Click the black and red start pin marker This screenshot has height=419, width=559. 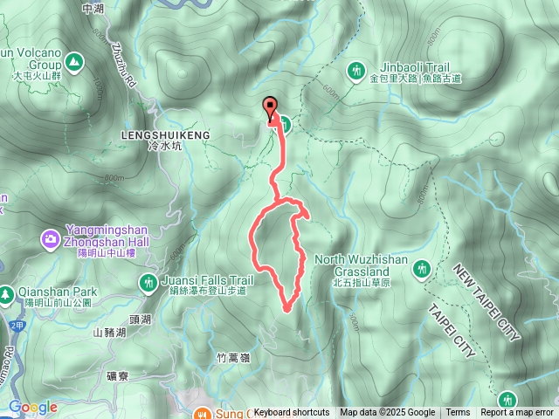[270, 108]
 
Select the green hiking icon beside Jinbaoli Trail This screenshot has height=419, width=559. [355, 70]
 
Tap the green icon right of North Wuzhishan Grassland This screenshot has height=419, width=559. [423, 268]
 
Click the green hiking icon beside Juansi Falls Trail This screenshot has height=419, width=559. [146, 281]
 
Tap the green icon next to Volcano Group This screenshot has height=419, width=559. [73, 61]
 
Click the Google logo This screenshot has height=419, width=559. [33, 408]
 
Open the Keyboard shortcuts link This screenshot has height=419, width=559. [292, 413]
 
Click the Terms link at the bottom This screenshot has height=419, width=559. [458, 413]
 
